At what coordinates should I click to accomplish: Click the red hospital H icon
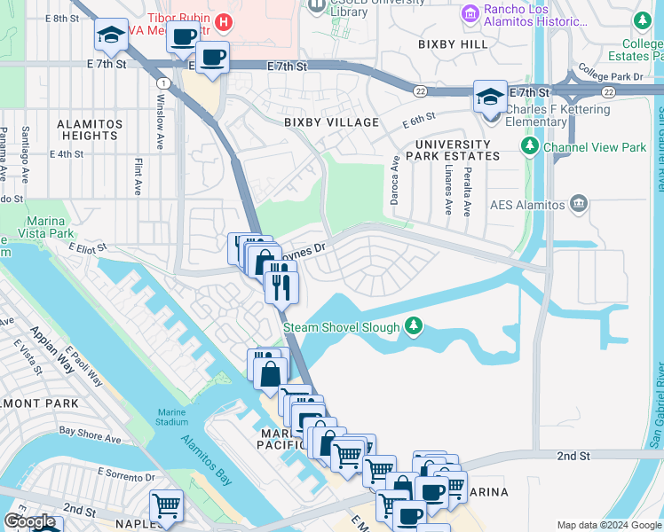point(225,20)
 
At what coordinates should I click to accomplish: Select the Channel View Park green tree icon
point(530,145)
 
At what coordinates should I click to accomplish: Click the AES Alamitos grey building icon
point(579,205)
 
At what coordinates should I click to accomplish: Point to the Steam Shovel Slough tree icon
point(413,327)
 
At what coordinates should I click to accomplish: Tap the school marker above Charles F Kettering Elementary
point(490,97)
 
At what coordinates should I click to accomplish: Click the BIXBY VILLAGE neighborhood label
point(331,122)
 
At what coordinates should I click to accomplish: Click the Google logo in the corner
point(29,520)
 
